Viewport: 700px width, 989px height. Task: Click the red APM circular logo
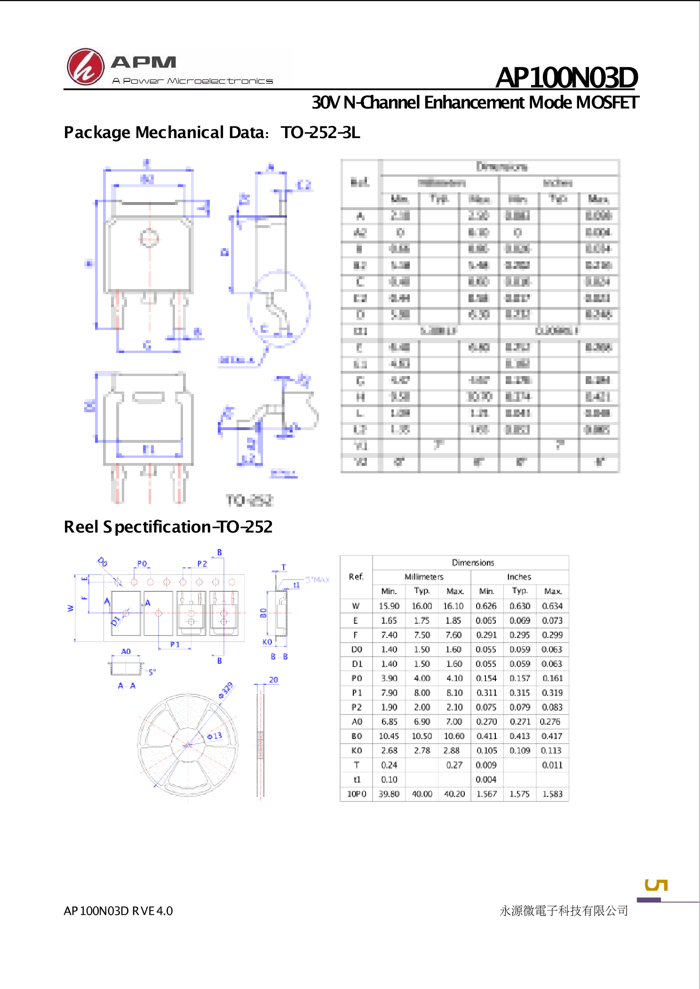pyautogui.click(x=85, y=66)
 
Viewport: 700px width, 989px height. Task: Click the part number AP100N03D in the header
pyautogui.click(x=566, y=78)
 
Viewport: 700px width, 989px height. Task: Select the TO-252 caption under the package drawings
pyautogui.click(x=249, y=500)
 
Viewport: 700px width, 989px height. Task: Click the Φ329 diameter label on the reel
pyautogui.click(x=226, y=690)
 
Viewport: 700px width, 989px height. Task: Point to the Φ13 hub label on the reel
pyautogui.click(x=215, y=736)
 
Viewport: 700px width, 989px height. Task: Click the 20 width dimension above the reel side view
pyautogui.click(x=273, y=680)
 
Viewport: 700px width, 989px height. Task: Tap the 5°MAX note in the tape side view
pyautogui.click(x=318, y=580)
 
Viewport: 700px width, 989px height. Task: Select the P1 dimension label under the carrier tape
pyautogui.click(x=175, y=644)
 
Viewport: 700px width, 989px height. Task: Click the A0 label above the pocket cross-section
pyautogui.click(x=126, y=651)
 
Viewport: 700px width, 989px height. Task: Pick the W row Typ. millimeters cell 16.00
pyautogui.click(x=422, y=606)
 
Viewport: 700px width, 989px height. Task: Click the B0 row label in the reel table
pyautogui.click(x=357, y=736)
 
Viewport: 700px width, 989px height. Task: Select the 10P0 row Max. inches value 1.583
pyautogui.click(x=552, y=794)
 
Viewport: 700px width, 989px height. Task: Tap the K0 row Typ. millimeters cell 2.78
pyautogui.click(x=422, y=751)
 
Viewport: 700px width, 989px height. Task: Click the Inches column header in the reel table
pyautogui.click(x=519, y=577)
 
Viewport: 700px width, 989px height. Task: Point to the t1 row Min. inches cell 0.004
pyautogui.click(x=486, y=779)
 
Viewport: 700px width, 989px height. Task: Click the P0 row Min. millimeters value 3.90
pyautogui.click(x=389, y=678)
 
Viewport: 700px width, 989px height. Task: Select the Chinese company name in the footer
pyautogui.click(x=564, y=911)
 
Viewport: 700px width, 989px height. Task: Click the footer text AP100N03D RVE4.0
pyautogui.click(x=118, y=911)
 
